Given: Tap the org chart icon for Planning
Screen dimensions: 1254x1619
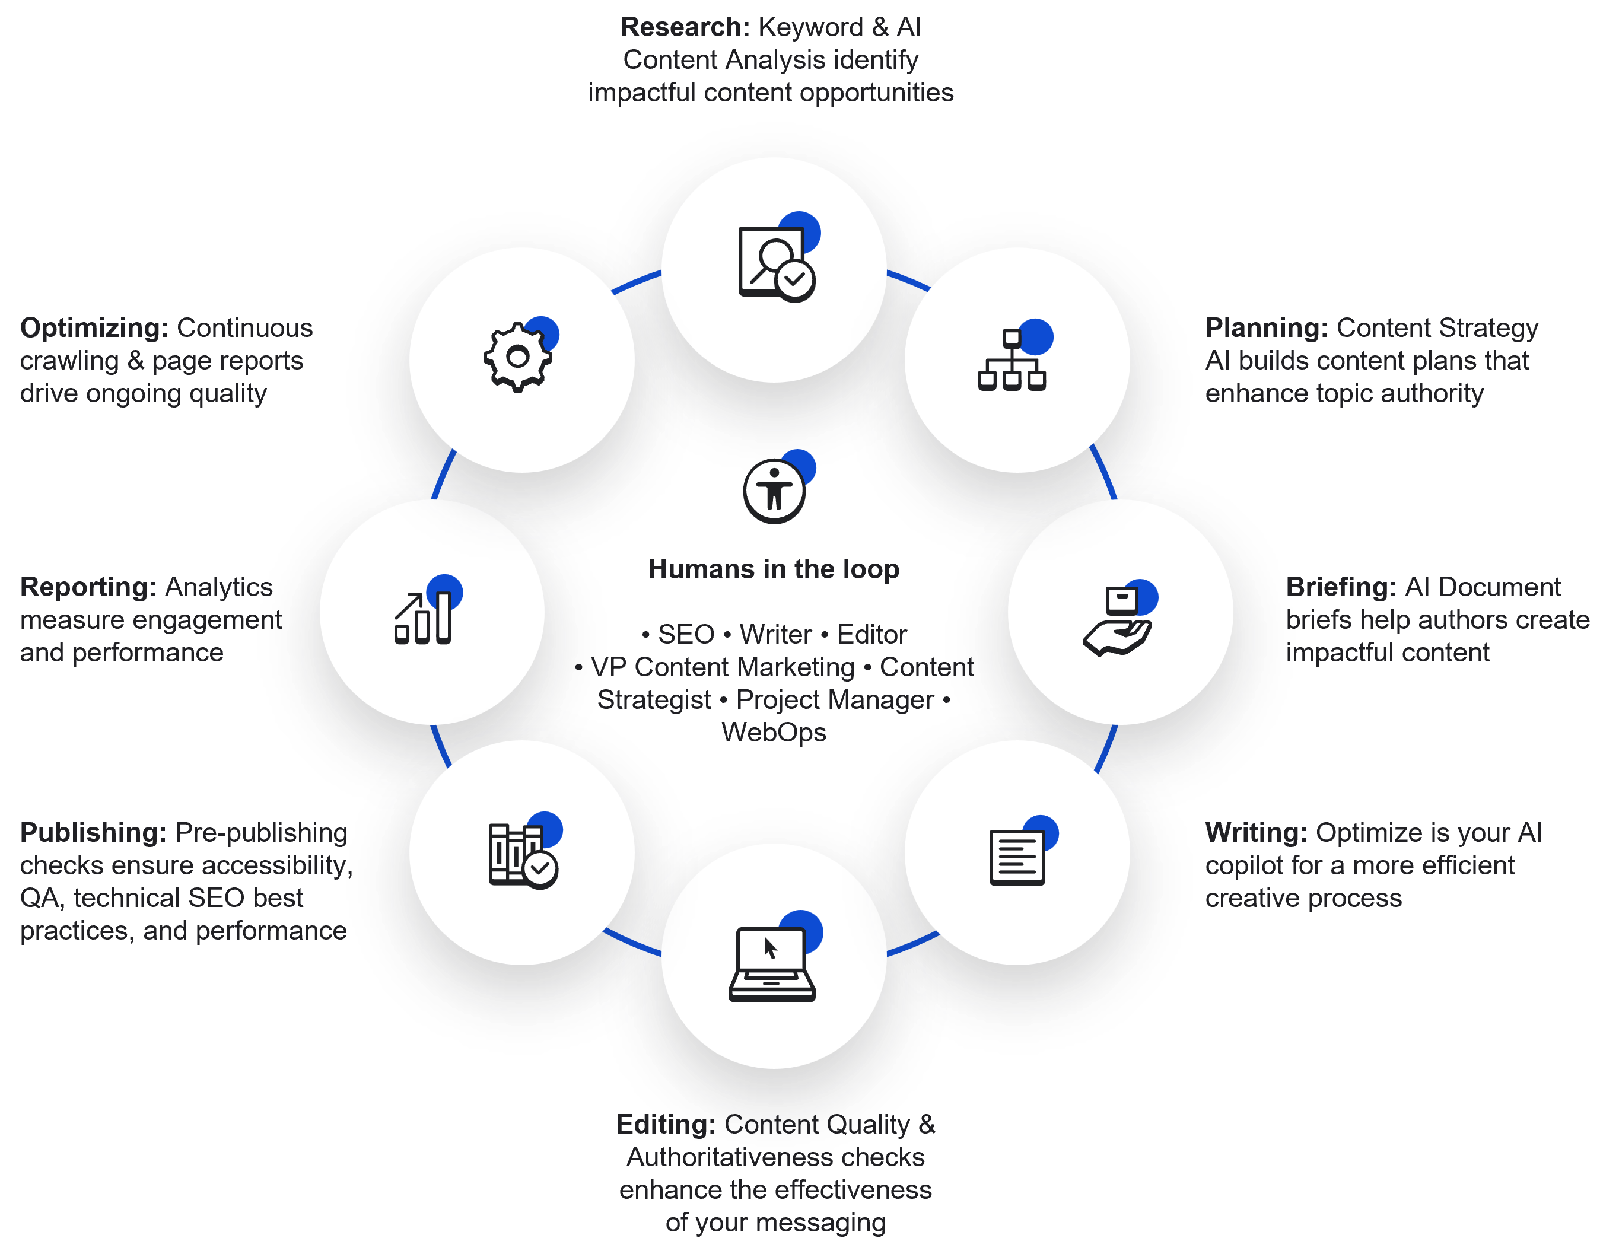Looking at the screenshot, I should click(1012, 360).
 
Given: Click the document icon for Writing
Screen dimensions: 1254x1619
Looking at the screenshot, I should click(1017, 858).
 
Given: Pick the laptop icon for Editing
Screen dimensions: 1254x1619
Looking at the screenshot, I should click(772, 964).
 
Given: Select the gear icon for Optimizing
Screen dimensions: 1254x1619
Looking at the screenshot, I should click(517, 357).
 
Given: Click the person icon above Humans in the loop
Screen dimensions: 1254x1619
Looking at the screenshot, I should click(774, 490).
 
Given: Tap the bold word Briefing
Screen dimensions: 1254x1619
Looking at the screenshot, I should click(1340, 587).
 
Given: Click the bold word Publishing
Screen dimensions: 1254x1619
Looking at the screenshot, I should click(93, 833).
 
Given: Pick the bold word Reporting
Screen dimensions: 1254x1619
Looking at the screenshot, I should click(87, 587).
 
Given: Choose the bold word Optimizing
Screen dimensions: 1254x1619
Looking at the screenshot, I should click(93, 327).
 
